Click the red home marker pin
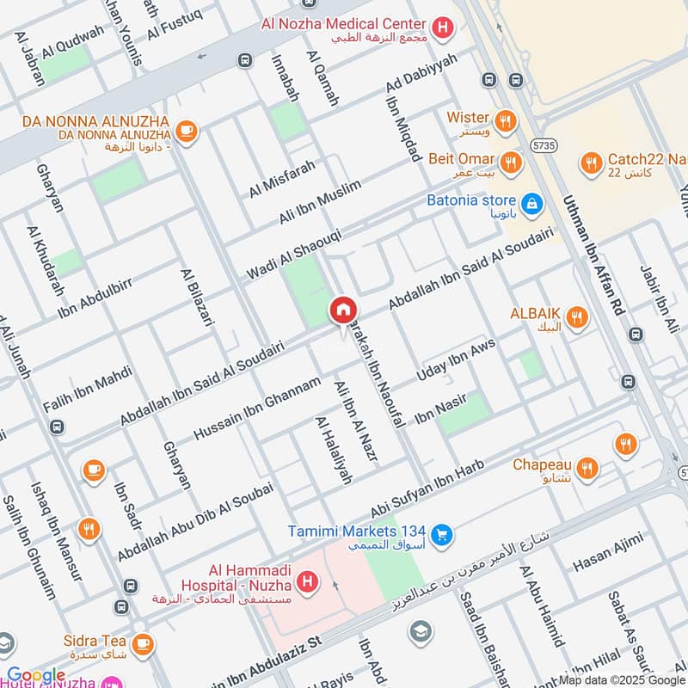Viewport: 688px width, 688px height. [x=342, y=310]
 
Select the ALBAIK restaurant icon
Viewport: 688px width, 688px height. [x=577, y=319]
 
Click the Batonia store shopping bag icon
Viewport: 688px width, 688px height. [x=532, y=204]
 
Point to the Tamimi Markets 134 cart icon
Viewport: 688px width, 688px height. [x=442, y=535]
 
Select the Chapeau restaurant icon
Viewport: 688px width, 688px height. [x=588, y=468]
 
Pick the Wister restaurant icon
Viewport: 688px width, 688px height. [x=507, y=120]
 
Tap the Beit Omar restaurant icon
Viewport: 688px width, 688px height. [x=512, y=162]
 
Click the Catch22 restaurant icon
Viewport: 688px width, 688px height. [x=591, y=162]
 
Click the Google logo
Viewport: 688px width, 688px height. [x=36, y=676]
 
